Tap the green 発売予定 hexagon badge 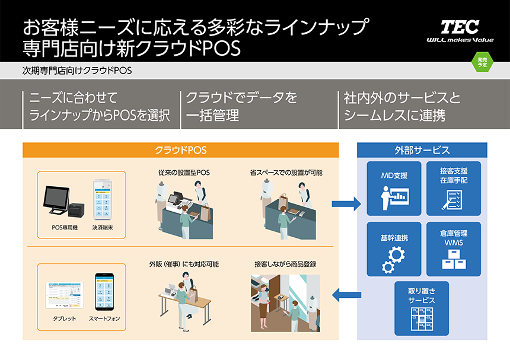483,62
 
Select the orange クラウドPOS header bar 180,150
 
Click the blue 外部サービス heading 422,150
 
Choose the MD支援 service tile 394,188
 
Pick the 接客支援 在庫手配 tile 454,188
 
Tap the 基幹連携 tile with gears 394,249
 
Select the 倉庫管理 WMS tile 454,249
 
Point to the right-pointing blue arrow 346,205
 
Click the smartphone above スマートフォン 104,291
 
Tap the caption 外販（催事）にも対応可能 184,264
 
